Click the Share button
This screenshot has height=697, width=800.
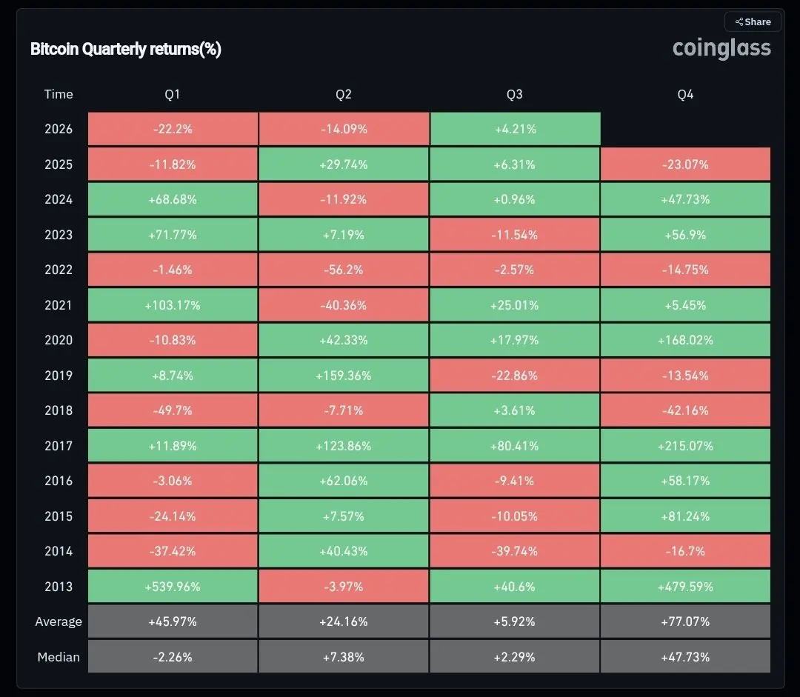click(753, 22)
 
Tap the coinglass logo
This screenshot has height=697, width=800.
click(721, 48)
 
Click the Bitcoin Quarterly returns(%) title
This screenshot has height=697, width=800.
click(125, 49)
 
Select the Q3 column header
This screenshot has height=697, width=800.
click(514, 94)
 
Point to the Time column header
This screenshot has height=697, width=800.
click(59, 94)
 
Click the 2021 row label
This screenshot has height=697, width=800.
click(59, 305)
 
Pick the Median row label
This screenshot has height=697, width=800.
click(59, 657)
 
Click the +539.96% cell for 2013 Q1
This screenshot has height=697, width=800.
click(173, 587)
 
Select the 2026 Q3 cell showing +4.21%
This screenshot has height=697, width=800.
click(516, 129)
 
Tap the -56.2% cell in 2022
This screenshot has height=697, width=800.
click(344, 270)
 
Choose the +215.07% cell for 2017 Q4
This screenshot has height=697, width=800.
click(685, 446)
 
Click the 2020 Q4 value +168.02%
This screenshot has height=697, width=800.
click(685, 340)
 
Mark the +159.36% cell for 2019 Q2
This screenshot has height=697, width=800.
click(344, 376)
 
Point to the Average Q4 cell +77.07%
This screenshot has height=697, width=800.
click(685, 621)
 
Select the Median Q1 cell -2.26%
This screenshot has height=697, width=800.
click(173, 657)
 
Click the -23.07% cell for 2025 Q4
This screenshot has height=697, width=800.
click(685, 164)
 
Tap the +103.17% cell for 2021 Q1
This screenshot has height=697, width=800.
click(173, 305)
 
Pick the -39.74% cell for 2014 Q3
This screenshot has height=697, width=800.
click(514, 551)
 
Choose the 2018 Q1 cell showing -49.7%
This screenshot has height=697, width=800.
click(173, 411)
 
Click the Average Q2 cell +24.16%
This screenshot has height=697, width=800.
click(344, 621)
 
